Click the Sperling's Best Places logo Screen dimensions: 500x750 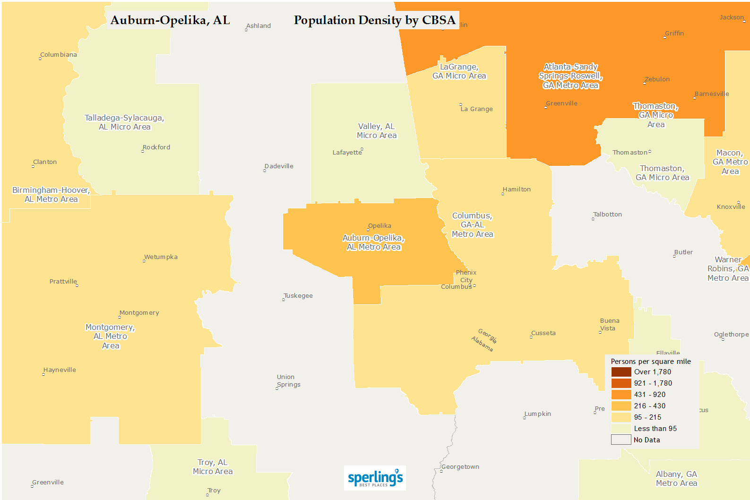click(375, 478)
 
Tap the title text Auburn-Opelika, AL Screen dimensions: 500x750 click(170, 20)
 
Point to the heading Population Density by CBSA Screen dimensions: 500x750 click(374, 20)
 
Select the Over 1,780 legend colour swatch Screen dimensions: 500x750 click(621, 372)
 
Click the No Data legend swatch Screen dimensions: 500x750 click(621, 440)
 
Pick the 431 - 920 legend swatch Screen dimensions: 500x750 click(621, 395)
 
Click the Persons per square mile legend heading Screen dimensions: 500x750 click(651, 362)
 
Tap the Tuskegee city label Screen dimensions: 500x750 click(298, 296)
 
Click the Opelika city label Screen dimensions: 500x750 click(379, 226)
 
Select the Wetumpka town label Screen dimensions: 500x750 click(161, 257)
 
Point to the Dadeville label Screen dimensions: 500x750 click(279, 166)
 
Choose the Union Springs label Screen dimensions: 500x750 click(288, 381)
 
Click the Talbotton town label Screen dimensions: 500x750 click(608, 215)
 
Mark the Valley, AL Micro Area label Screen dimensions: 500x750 click(377, 131)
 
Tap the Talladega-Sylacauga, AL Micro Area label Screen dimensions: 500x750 click(124, 122)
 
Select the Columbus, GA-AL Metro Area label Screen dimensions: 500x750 click(472, 225)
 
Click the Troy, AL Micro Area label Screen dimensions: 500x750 click(213, 467)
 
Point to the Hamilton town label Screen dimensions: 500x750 click(517, 190)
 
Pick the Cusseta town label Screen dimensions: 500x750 click(543, 333)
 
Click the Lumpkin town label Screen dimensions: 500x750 click(538, 414)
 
